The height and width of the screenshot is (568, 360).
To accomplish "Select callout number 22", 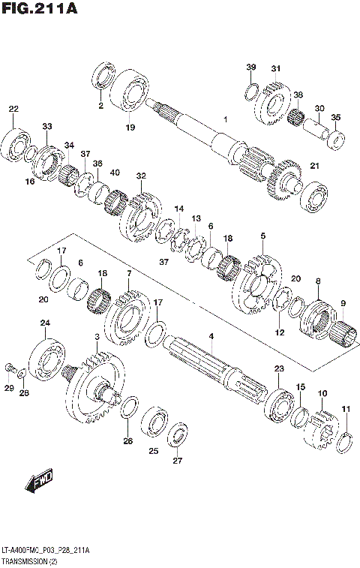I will pos(13,110).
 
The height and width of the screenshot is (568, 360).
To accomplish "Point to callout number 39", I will pos(250,68).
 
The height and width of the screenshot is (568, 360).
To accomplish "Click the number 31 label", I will pos(276,68).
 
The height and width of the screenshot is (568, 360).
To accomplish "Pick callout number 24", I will pos(45,323).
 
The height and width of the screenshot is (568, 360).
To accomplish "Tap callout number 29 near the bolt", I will pos(9,388).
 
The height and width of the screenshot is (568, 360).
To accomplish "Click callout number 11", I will pos(346,409).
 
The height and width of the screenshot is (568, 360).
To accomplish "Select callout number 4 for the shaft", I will pos(211,336).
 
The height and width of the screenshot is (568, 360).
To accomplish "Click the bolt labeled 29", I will pos(10,368).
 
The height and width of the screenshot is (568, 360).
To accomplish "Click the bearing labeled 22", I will pos(15,143).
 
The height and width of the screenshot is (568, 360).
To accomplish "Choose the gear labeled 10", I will pos(325,422).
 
